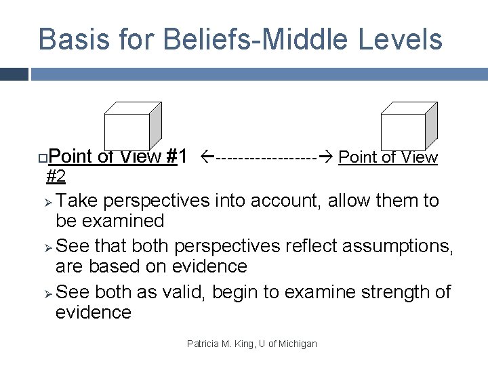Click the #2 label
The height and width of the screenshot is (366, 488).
click(56, 177)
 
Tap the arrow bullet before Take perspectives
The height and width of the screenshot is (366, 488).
click(47, 201)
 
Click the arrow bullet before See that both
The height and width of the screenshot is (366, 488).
click(47, 247)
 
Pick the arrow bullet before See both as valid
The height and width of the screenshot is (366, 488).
click(47, 293)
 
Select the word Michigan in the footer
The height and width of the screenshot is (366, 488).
click(296, 344)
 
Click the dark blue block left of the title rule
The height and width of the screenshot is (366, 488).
click(14, 74)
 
